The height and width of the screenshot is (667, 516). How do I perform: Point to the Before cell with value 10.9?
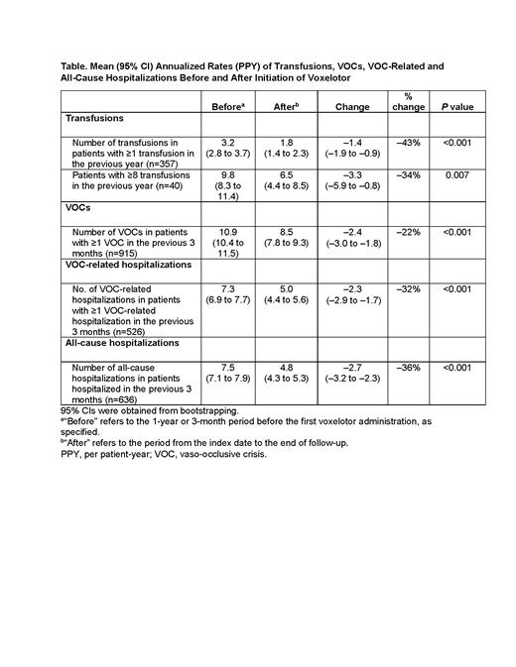pos(227,232)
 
